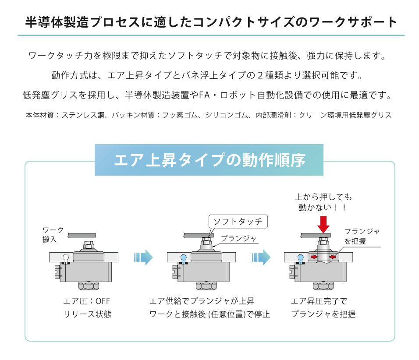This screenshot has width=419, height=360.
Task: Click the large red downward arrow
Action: pos(323,224)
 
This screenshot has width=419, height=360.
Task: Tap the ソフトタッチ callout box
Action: pos(238,221)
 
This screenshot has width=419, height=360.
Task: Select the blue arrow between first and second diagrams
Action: pos(143,258)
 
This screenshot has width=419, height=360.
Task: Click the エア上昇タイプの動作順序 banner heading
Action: pos(209,160)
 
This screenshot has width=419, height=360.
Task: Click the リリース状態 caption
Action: pos(88,314)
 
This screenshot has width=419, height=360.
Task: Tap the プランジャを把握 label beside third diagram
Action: pos(362,236)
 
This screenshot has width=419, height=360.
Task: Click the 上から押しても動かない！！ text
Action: pos(323,202)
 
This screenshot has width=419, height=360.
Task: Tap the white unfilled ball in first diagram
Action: pos(65,257)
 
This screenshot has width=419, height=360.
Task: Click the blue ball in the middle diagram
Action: pos(183,257)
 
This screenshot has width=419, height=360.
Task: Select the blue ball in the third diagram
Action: pos(301,257)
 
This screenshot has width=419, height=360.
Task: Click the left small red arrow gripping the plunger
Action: pos(314,257)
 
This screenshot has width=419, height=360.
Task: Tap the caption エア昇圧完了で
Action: pos(319,301)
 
